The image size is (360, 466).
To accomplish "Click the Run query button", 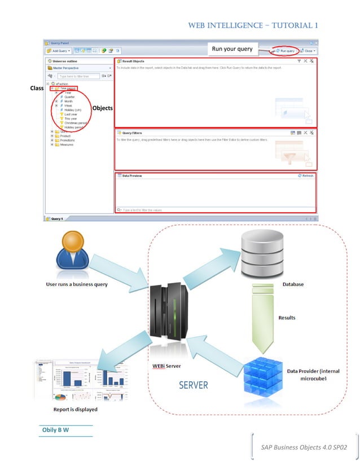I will (x=284, y=51).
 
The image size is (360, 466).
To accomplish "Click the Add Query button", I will (x=58, y=51).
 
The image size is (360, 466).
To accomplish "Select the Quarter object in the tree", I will (x=69, y=96).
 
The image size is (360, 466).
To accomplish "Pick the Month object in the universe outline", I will (x=68, y=101).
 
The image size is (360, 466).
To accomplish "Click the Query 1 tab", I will (x=58, y=218).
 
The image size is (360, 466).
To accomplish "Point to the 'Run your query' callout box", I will (x=232, y=49).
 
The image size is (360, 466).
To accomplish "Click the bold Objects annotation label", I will (x=102, y=108).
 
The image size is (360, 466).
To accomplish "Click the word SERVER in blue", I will (x=194, y=385).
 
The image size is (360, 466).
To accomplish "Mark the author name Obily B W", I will (x=56, y=430).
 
